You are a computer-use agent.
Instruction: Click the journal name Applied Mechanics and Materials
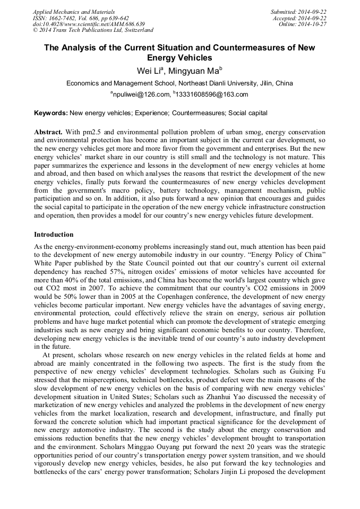(x=74, y=12)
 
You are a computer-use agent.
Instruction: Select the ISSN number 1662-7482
(x=66, y=18)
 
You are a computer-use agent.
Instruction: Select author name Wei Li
(x=149, y=70)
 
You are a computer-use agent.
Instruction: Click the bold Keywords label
(x=51, y=113)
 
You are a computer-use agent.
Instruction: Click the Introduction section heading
(x=54, y=234)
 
